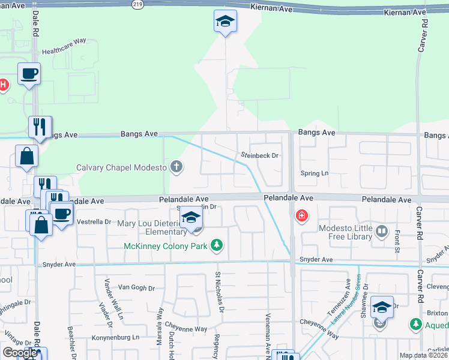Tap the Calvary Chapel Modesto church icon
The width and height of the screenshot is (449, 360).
[176, 166]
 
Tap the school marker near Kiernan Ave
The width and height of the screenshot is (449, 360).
[226, 22]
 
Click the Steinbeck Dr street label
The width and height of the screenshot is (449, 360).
[261, 155]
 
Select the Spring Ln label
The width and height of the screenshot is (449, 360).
[318, 173]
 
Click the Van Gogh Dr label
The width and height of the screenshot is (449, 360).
[137, 287]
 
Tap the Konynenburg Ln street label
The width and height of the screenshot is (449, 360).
[115, 338]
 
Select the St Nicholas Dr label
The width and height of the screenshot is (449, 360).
[220, 292]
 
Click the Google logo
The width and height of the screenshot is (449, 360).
[19, 353]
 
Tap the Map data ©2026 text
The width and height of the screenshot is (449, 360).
[423, 355]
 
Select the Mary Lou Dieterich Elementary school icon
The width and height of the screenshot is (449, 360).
[191, 218]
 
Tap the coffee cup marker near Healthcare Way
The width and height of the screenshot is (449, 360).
[29, 74]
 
